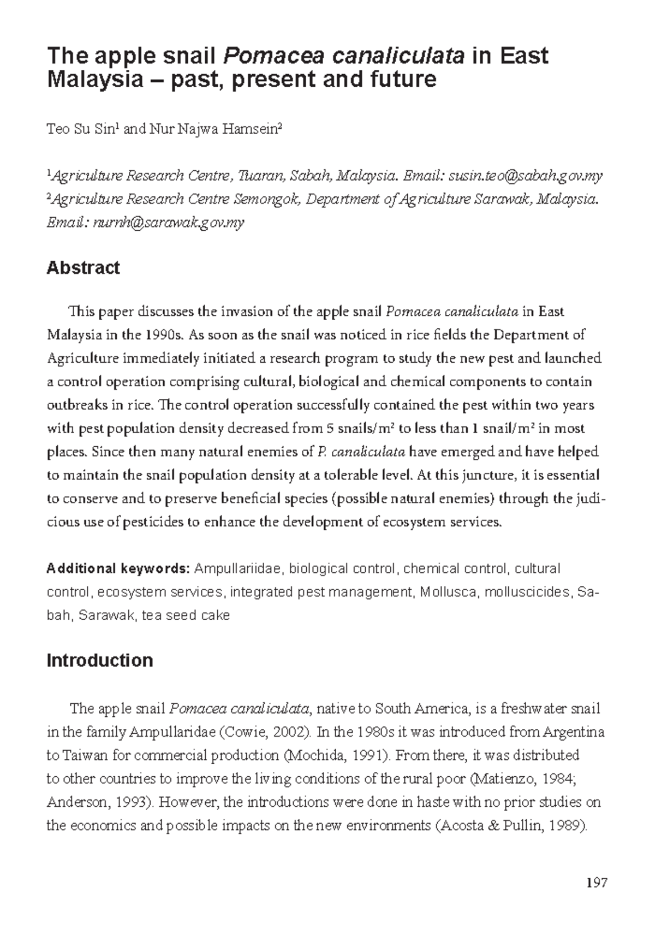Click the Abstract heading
coord(83,268)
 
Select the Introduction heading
coord(99,661)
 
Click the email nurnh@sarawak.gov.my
coord(169,223)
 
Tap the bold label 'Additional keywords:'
coord(118,569)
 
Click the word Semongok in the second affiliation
coord(266,200)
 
